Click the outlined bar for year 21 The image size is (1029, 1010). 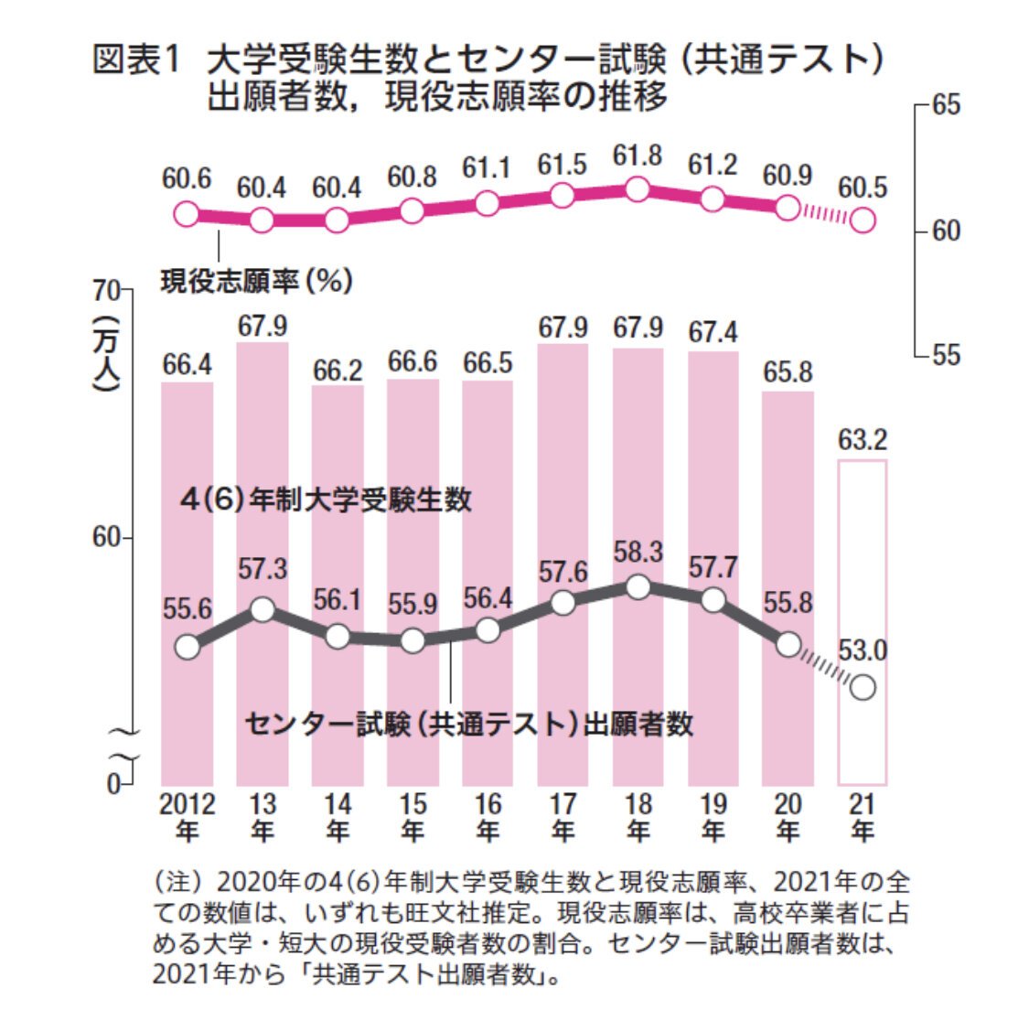(863, 622)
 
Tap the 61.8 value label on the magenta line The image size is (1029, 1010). (638, 156)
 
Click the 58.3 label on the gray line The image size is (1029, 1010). (638, 553)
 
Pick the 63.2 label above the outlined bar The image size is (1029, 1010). (863, 441)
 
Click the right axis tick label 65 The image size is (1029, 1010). (946, 105)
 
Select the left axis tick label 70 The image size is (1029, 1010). (106, 290)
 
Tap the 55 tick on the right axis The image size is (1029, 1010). (946, 355)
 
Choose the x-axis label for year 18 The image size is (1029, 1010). (638, 817)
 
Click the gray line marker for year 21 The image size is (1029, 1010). (863, 686)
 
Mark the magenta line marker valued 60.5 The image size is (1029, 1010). (863, 220)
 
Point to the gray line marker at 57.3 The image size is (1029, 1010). (263, 609)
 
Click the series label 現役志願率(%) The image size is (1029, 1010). (257, 280)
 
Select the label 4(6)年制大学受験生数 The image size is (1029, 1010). (326, 500)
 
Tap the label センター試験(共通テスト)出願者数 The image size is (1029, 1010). (469, 725)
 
